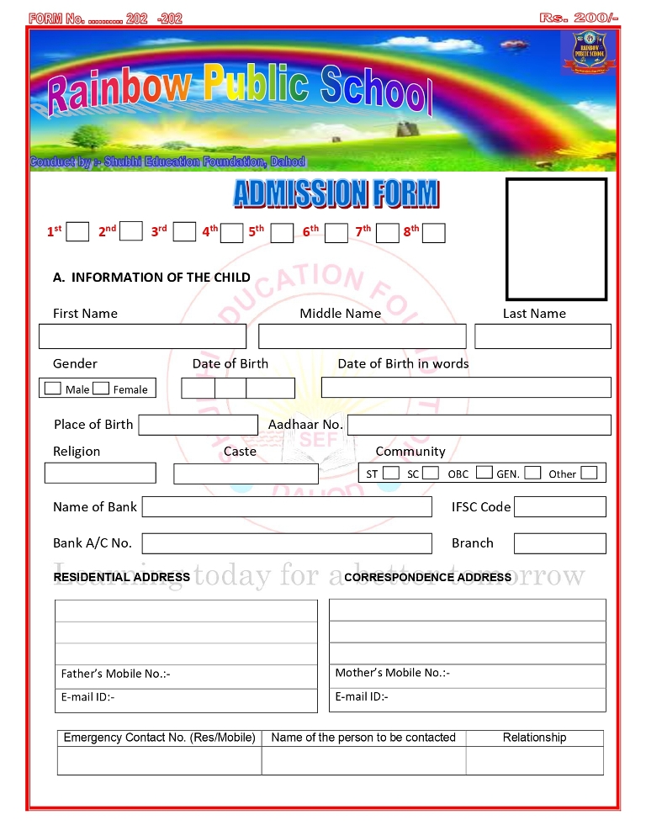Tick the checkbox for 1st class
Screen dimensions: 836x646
(x=77, y=231)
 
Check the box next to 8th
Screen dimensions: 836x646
(x=433, y=233)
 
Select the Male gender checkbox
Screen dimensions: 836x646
(x=53, y=389)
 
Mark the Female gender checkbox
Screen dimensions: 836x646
(x=101, y=389)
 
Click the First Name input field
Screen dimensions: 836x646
(x=142, y=336)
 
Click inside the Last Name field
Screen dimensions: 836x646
(x=543, y=336)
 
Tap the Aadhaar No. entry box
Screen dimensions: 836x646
(x=479, y=425)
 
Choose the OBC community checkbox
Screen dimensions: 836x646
(x=484, y=473)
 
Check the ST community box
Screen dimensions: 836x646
(x=390, y=473)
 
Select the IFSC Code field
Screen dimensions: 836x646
(x=559, y=506)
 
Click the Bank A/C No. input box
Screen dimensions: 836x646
(x=287, y=543)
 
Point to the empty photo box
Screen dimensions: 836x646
(x=556, y=239)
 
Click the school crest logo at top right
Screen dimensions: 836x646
(x=588, y=53)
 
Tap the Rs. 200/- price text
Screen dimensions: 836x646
(x=579, y=18)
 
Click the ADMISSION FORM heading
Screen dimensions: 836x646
(x=336, y=193)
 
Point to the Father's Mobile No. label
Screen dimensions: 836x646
(x=115, y=674)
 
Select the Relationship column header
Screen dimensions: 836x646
(x=534, y=738)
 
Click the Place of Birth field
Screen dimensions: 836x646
(x=198, y=425)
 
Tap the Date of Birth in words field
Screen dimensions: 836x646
(x=466, y=387)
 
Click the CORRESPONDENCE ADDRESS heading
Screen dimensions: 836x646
(x=427, y=577)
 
